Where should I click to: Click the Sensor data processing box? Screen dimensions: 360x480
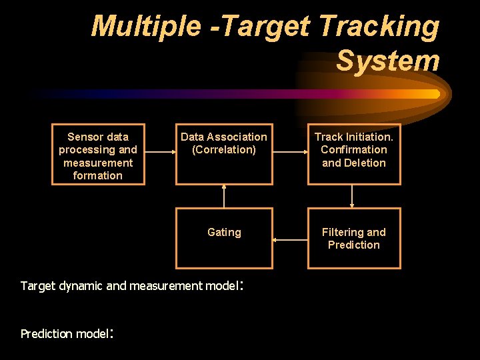pos(98,155)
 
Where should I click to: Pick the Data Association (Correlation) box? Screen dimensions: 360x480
pos(224,155)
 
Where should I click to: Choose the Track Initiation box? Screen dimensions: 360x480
pos(353,155)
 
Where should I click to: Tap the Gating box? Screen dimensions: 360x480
pos(224,238)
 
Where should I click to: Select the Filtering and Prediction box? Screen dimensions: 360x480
pos(353,238)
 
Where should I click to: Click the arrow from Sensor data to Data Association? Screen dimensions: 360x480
pos(160,152)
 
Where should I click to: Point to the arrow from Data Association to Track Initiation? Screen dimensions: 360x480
pos(290,152)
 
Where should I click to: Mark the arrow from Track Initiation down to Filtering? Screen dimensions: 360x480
pos(352,196)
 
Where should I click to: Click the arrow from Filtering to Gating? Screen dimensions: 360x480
pos(290,239)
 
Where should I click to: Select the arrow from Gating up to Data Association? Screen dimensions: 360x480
pos(224,196)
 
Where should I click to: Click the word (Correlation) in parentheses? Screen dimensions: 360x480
pos(224,149)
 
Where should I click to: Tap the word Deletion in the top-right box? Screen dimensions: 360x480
pos(364,163)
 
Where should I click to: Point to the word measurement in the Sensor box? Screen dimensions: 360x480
pos(98,163)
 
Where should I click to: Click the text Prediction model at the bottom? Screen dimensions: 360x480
pos(63,334)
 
